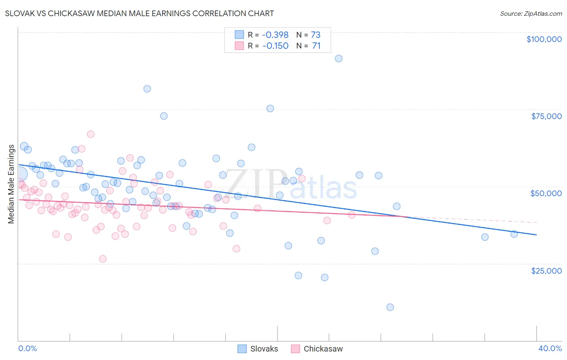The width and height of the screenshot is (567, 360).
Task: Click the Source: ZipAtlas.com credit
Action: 531,13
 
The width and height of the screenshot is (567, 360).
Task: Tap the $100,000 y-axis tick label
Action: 544,39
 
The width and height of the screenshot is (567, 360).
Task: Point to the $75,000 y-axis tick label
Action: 546,116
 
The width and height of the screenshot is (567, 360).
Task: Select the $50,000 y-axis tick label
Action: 546,193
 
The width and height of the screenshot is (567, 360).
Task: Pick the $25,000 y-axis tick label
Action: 546,270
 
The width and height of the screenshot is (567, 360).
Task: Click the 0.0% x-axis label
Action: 27,348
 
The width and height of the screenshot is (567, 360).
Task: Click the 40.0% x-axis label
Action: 550,348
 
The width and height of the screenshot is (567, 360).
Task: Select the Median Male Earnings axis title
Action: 11,184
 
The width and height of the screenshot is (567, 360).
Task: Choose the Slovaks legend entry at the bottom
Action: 258,349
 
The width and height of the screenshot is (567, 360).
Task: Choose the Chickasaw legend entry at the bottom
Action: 317,349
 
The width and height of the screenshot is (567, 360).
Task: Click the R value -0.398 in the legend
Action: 275,35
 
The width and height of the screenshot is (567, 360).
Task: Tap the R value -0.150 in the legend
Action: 275,46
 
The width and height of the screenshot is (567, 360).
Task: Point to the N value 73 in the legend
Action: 316,35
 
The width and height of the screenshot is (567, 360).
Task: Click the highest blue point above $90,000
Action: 339,59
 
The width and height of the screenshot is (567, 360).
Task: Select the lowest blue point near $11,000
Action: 390,307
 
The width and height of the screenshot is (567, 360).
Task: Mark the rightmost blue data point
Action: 514,234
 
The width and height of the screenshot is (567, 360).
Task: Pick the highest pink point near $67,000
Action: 91,134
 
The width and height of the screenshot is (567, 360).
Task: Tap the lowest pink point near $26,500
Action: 103,259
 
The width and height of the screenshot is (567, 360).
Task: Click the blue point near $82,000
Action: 147,89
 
